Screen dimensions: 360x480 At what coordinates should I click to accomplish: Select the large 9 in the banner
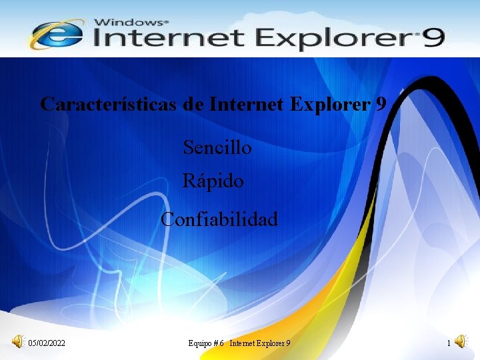click(432, 38)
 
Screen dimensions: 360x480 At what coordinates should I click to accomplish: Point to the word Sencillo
click(217, 147)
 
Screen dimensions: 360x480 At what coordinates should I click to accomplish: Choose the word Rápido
click(213, 181)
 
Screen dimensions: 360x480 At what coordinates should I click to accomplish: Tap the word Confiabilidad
click(219, 219)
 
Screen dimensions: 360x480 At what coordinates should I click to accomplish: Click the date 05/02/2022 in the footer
click(47, 343)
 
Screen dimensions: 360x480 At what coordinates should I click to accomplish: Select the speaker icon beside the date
click(17, 342)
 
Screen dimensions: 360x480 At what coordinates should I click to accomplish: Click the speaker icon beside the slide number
click(462, 343)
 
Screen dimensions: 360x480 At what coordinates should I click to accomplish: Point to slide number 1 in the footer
click(449, 343)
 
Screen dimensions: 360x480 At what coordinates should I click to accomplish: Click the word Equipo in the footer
click(200, 343)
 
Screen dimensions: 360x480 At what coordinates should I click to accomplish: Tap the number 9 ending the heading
click(381, 105)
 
